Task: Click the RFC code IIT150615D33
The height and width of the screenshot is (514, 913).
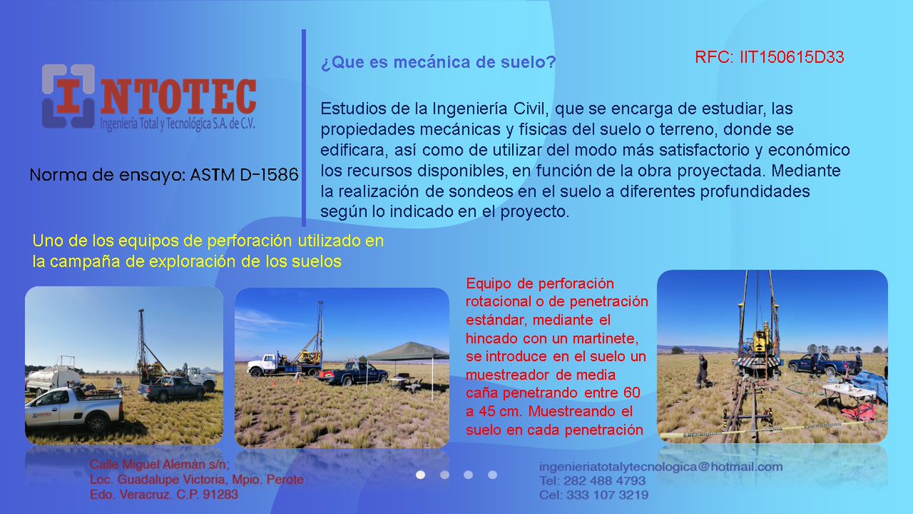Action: pos(769,58)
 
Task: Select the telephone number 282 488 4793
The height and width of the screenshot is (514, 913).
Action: pos(605,481)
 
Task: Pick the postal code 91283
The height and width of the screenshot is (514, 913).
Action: pos(220,494)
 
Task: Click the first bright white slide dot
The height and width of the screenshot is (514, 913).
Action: pos(420,474)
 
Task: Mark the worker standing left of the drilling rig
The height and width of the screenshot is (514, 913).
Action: pos(701,370)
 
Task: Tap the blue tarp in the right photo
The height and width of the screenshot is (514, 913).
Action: pos(872,385)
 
